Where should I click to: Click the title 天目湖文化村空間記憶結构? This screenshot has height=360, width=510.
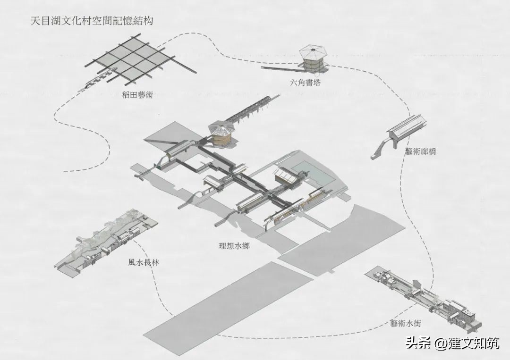tap(92, 21)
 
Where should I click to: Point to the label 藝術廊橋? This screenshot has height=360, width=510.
tap(420, 152)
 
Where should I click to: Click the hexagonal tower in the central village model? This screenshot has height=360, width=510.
tap(221, 134)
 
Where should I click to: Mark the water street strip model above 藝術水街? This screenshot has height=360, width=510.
tap(425, 297)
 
